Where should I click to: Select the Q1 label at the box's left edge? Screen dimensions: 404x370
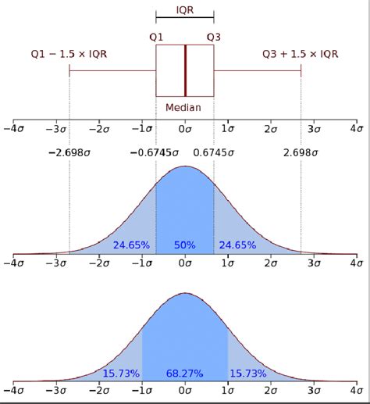(156, 36)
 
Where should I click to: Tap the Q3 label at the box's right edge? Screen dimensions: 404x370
(214, 36)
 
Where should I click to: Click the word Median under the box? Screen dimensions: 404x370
(185, 108)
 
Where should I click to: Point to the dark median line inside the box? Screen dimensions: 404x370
(185, 70)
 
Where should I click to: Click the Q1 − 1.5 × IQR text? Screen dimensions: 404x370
(69, 53)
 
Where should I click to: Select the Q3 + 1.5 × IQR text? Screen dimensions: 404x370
(301, 53)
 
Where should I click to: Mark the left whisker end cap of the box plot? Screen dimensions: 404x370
(69, 70)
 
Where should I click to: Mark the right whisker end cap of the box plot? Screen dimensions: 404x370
(301, 70)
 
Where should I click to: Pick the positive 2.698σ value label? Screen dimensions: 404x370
(301, 153)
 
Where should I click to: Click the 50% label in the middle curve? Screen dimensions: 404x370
(185, 245)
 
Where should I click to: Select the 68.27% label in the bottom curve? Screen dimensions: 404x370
(185, 374)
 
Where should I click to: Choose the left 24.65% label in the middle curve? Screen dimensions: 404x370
(131, 245)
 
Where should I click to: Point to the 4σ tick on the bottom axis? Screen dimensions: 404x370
(356, 388)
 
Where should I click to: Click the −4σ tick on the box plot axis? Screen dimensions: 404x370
(13, 129)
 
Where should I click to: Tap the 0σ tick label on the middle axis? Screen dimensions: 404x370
(185, 263)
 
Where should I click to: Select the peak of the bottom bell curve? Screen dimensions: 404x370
(185, 294)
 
